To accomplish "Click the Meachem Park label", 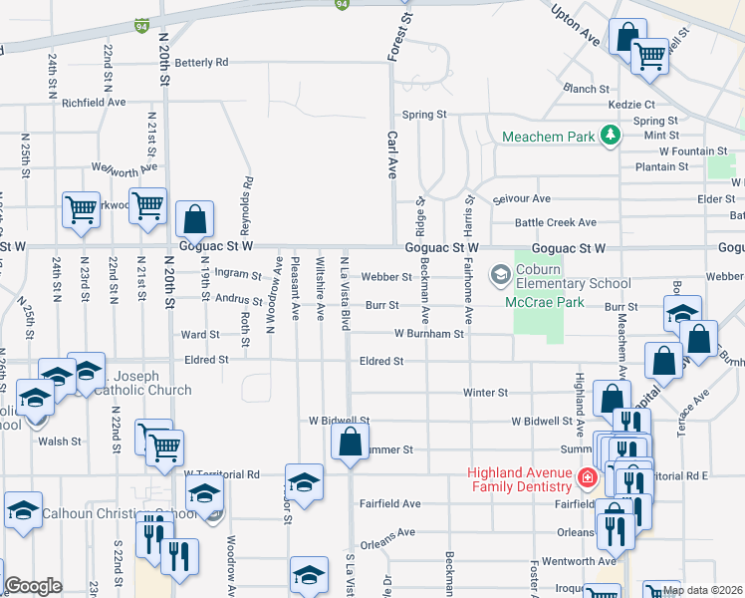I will point(549,136).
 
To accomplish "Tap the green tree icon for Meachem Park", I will point(611,136).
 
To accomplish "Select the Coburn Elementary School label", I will point(575,283).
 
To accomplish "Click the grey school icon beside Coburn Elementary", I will point(498,273).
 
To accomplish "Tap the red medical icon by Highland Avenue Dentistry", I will point(588,479).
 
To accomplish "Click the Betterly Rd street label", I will point(201,62).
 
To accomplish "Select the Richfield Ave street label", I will point(94,102).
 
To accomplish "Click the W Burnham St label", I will point(430,334).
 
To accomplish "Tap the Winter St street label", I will point(486,393).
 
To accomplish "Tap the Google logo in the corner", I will point(33,586).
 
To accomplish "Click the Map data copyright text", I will point(702,590).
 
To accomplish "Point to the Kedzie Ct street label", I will point(635,104).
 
